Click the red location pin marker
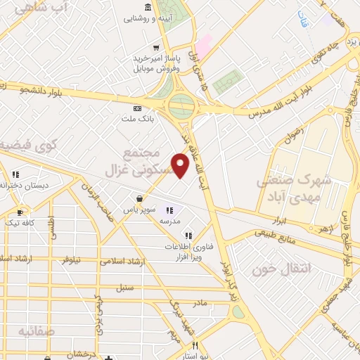pos(181,165)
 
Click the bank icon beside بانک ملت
pos(137,108)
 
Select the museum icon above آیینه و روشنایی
pos(148,8)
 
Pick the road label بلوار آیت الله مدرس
pos(271,108)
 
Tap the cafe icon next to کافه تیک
pos(19,211)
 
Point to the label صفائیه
pos(37,330)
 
